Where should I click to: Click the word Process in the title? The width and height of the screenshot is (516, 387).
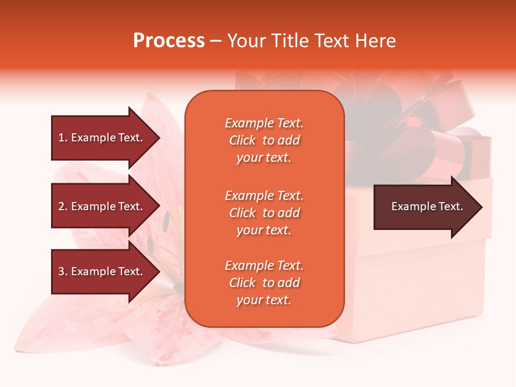click(x=169, y=41)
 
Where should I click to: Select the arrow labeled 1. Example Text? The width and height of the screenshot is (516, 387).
click(x=100, y=138)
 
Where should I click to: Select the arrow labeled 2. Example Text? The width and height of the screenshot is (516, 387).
click(x=100, y=206)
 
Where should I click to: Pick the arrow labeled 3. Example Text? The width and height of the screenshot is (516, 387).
click(x=100, y=271)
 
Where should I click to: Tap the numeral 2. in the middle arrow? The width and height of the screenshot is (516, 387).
click(x=62, y=206)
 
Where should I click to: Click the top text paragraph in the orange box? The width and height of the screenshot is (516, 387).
click(x=264, y=140)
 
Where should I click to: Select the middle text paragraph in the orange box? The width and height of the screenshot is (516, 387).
click(x=264, y=213)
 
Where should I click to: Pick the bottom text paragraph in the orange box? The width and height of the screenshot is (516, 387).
click(x=264, y=283)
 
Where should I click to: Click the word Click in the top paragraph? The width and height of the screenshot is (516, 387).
click(x=242, y=140)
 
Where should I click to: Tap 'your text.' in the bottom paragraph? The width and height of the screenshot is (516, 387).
click(x=264, y=300)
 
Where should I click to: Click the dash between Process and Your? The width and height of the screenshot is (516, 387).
click(x=216, y=41)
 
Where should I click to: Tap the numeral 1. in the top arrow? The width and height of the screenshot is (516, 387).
click(x=62, y=138)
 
